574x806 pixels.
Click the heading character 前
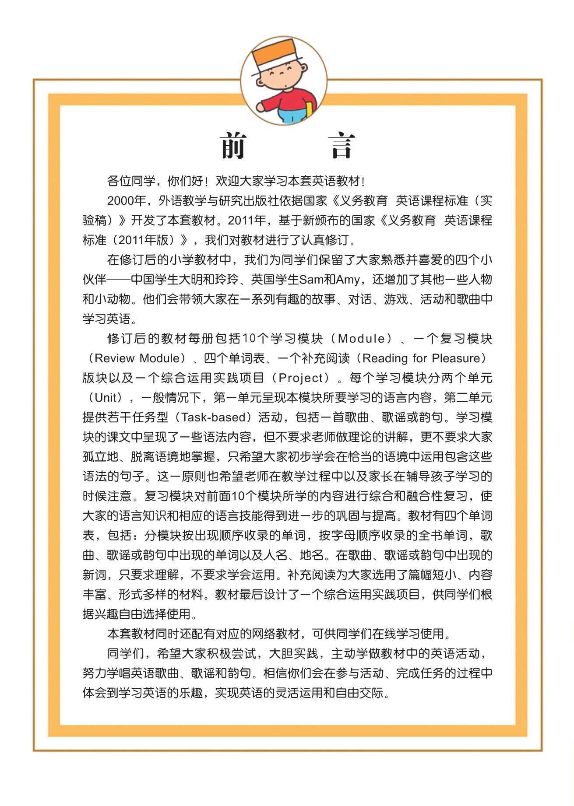pos(233,146)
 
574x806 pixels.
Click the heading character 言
pos(341,147)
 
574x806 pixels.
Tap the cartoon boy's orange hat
pos(276,53)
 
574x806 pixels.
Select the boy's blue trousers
pos(293,117)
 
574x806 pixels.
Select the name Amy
pos(348,279)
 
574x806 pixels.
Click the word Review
pos(114,358)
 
